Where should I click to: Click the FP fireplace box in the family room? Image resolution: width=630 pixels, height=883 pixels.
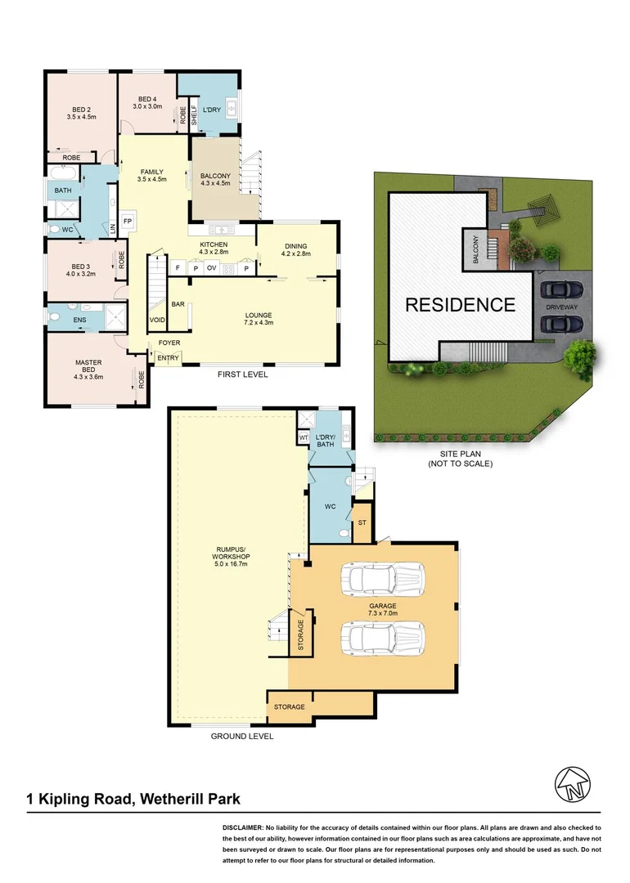coord(128,222)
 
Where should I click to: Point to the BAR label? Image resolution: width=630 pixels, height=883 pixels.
coord(177,303)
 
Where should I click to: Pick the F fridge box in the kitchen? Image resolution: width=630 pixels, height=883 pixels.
coord(177,267)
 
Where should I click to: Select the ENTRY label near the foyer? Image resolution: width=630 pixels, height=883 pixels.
coord(168,358)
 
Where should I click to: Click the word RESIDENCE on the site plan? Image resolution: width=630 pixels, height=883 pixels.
coord(461,305)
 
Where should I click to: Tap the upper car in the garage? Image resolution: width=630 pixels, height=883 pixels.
coord(384,580)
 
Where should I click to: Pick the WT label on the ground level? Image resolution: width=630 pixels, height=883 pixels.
coord(303,438)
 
